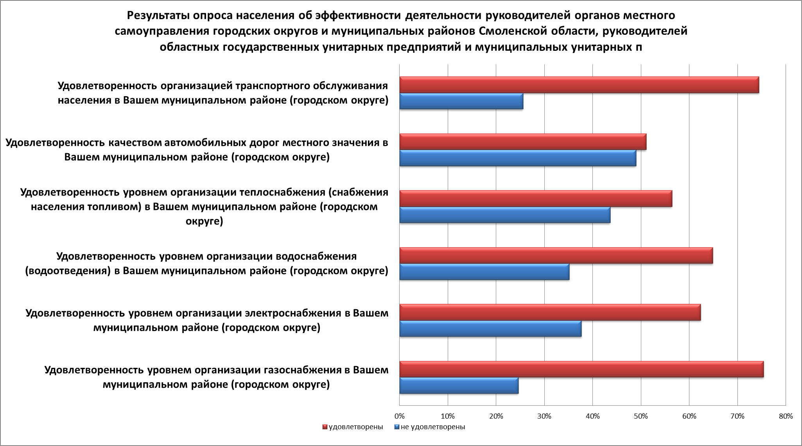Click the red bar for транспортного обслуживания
click(579, 85)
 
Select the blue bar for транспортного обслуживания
click(461, 101)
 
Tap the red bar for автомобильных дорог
click(522, 142)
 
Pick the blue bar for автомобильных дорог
click(517, 158)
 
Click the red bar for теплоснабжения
click(535, 198)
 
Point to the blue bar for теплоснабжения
click(504, 215)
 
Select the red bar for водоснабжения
click(556, 255)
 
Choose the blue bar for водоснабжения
click(484, 272)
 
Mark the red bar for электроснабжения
click(550, 312)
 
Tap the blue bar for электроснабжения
click(490, 329)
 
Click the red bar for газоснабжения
click(581, 369)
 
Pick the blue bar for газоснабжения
click(459, 386)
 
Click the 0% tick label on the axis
click(399, 416)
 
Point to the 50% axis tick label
click(641, 416)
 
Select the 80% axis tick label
click(785, 416)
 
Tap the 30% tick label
click(544, 416)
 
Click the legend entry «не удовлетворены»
click(432, 427)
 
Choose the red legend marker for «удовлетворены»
click(325, 427)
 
